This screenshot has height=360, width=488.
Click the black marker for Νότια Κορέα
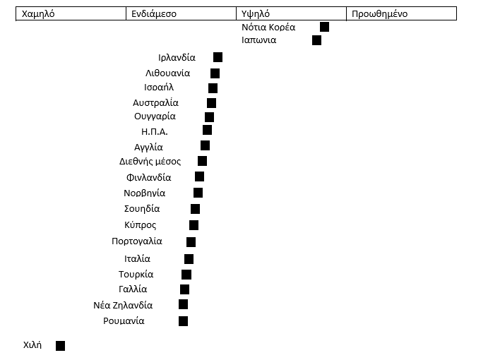pyautogui.click(x=324, y=27)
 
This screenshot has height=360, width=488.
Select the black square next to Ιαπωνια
pyautogui.click(x=316, y=40)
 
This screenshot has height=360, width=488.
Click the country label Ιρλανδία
pyautogui.click(x=177, y=58)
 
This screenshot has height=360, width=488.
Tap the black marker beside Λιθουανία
pyautogui.click(x=215, y=73)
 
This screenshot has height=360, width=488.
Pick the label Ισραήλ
pyautogui.click(x=159, y=88)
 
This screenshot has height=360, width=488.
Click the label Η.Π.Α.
pyautogui.click(x=155, y=132)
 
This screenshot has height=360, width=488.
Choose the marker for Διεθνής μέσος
pyautogui.click(x=202, y=162)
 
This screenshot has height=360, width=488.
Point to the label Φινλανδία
pyautogui.click(x=149, y=178)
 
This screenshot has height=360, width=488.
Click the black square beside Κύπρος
pyautogui.click(x=194, y=225)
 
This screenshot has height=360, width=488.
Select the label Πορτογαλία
pyautogui.click(x=137, y=241)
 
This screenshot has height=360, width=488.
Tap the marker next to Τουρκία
pyautogui.click(x=186, y=275)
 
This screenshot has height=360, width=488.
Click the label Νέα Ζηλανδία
pyautogui.click(x=123, y=306)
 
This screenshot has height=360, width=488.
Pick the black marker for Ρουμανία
pyautogui.click(x=183, y=321)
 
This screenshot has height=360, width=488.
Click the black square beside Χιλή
pyautogui.click(x=60, y=346)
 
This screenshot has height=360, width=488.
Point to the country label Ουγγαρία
pyautogui.click(x=155, y=116)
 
